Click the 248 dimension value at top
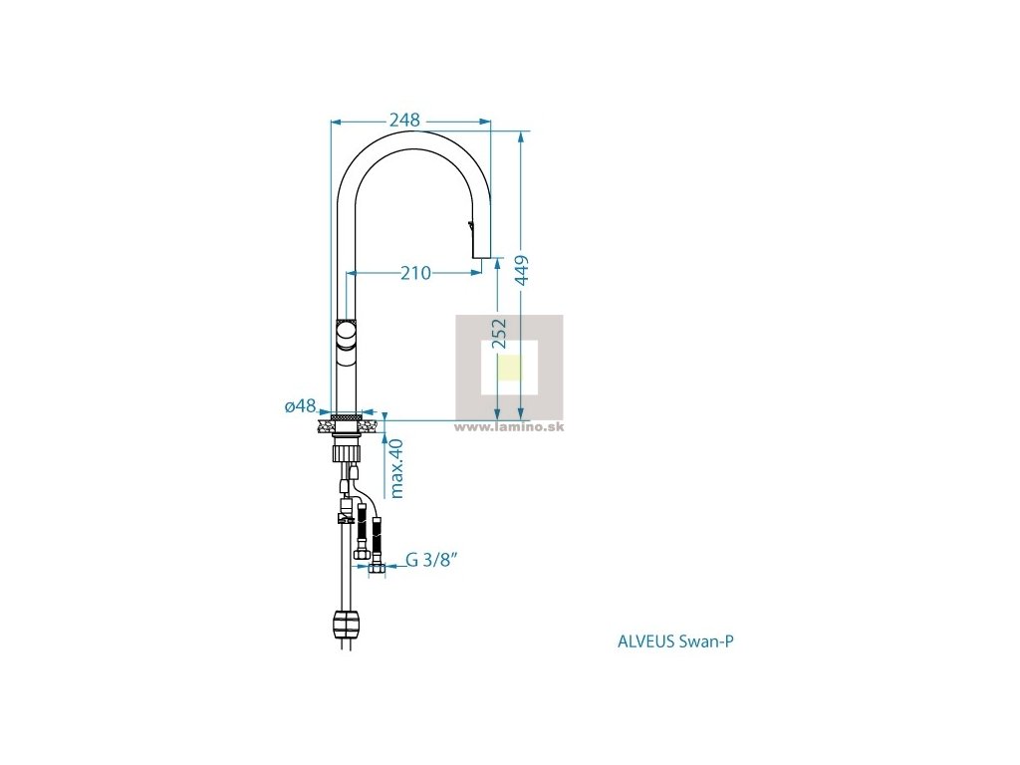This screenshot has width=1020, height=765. tap(403, 120)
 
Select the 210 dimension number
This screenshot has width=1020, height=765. tap(415, 272)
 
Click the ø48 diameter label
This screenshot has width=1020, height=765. tap(300, 406)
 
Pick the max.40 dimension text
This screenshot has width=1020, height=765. tap(396, 468)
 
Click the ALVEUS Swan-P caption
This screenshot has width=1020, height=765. tap(675, 641)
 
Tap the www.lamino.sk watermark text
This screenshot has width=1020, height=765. tap(509, 426)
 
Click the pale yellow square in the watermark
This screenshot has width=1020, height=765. tap(509, 367)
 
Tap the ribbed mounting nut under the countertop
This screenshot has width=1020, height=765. tap(346, 449)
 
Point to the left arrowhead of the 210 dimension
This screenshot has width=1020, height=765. tap(352, 272)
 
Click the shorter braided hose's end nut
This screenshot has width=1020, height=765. tap(362, 553)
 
